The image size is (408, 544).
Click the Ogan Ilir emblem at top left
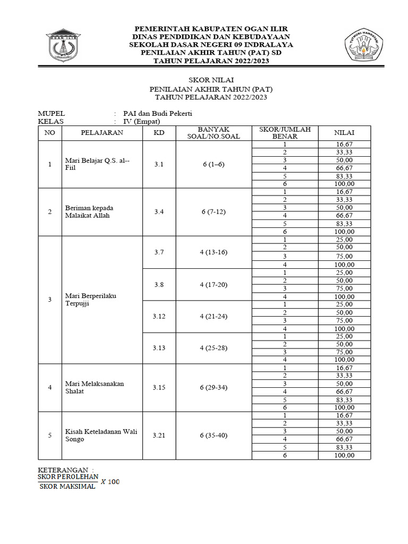tap(64, 47)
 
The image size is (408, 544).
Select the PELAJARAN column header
tap(102, 133)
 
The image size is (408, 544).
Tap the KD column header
tap(159, 133)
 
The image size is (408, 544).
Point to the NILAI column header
tap(344, 133)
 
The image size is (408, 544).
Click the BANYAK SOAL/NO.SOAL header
tap(213, 133)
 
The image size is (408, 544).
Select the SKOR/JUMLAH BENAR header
tap(284, 133)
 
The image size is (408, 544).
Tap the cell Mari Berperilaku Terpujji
tap(90, 299)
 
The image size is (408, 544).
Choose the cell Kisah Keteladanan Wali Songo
tap(101, 436)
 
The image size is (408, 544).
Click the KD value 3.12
tap(159, 316)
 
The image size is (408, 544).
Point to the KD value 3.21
tap(159, 436)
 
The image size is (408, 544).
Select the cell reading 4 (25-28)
tap(213, 348)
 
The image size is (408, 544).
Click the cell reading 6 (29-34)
tap(213, 388)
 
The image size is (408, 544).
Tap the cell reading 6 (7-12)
tap(213, 212)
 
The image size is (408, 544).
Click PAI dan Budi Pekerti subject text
tap(157, 113)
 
